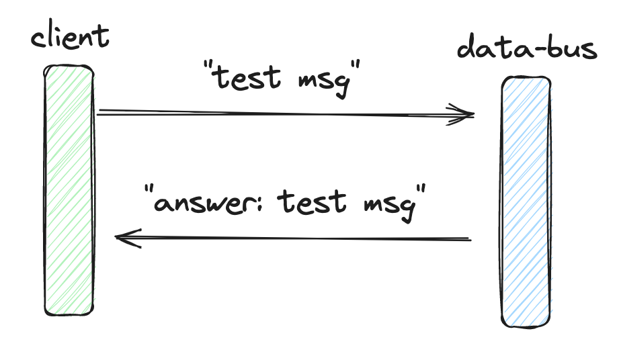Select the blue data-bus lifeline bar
click(526, 201)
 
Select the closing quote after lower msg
click(422, 189)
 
